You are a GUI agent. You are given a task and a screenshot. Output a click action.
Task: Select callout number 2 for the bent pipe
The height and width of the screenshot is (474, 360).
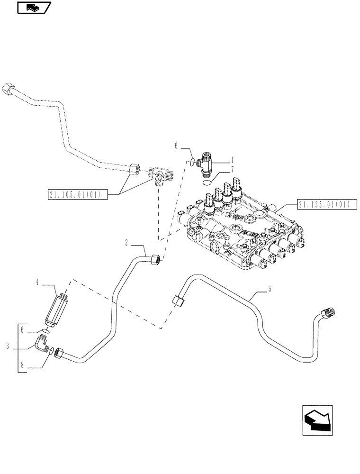point(126,243)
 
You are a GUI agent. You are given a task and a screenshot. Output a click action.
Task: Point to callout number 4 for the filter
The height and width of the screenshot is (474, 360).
point(36,283)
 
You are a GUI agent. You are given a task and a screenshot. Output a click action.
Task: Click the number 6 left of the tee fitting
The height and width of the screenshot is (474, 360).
point(176,147)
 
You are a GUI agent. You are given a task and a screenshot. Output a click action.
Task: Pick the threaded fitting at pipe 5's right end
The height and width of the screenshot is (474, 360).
point(327,312)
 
